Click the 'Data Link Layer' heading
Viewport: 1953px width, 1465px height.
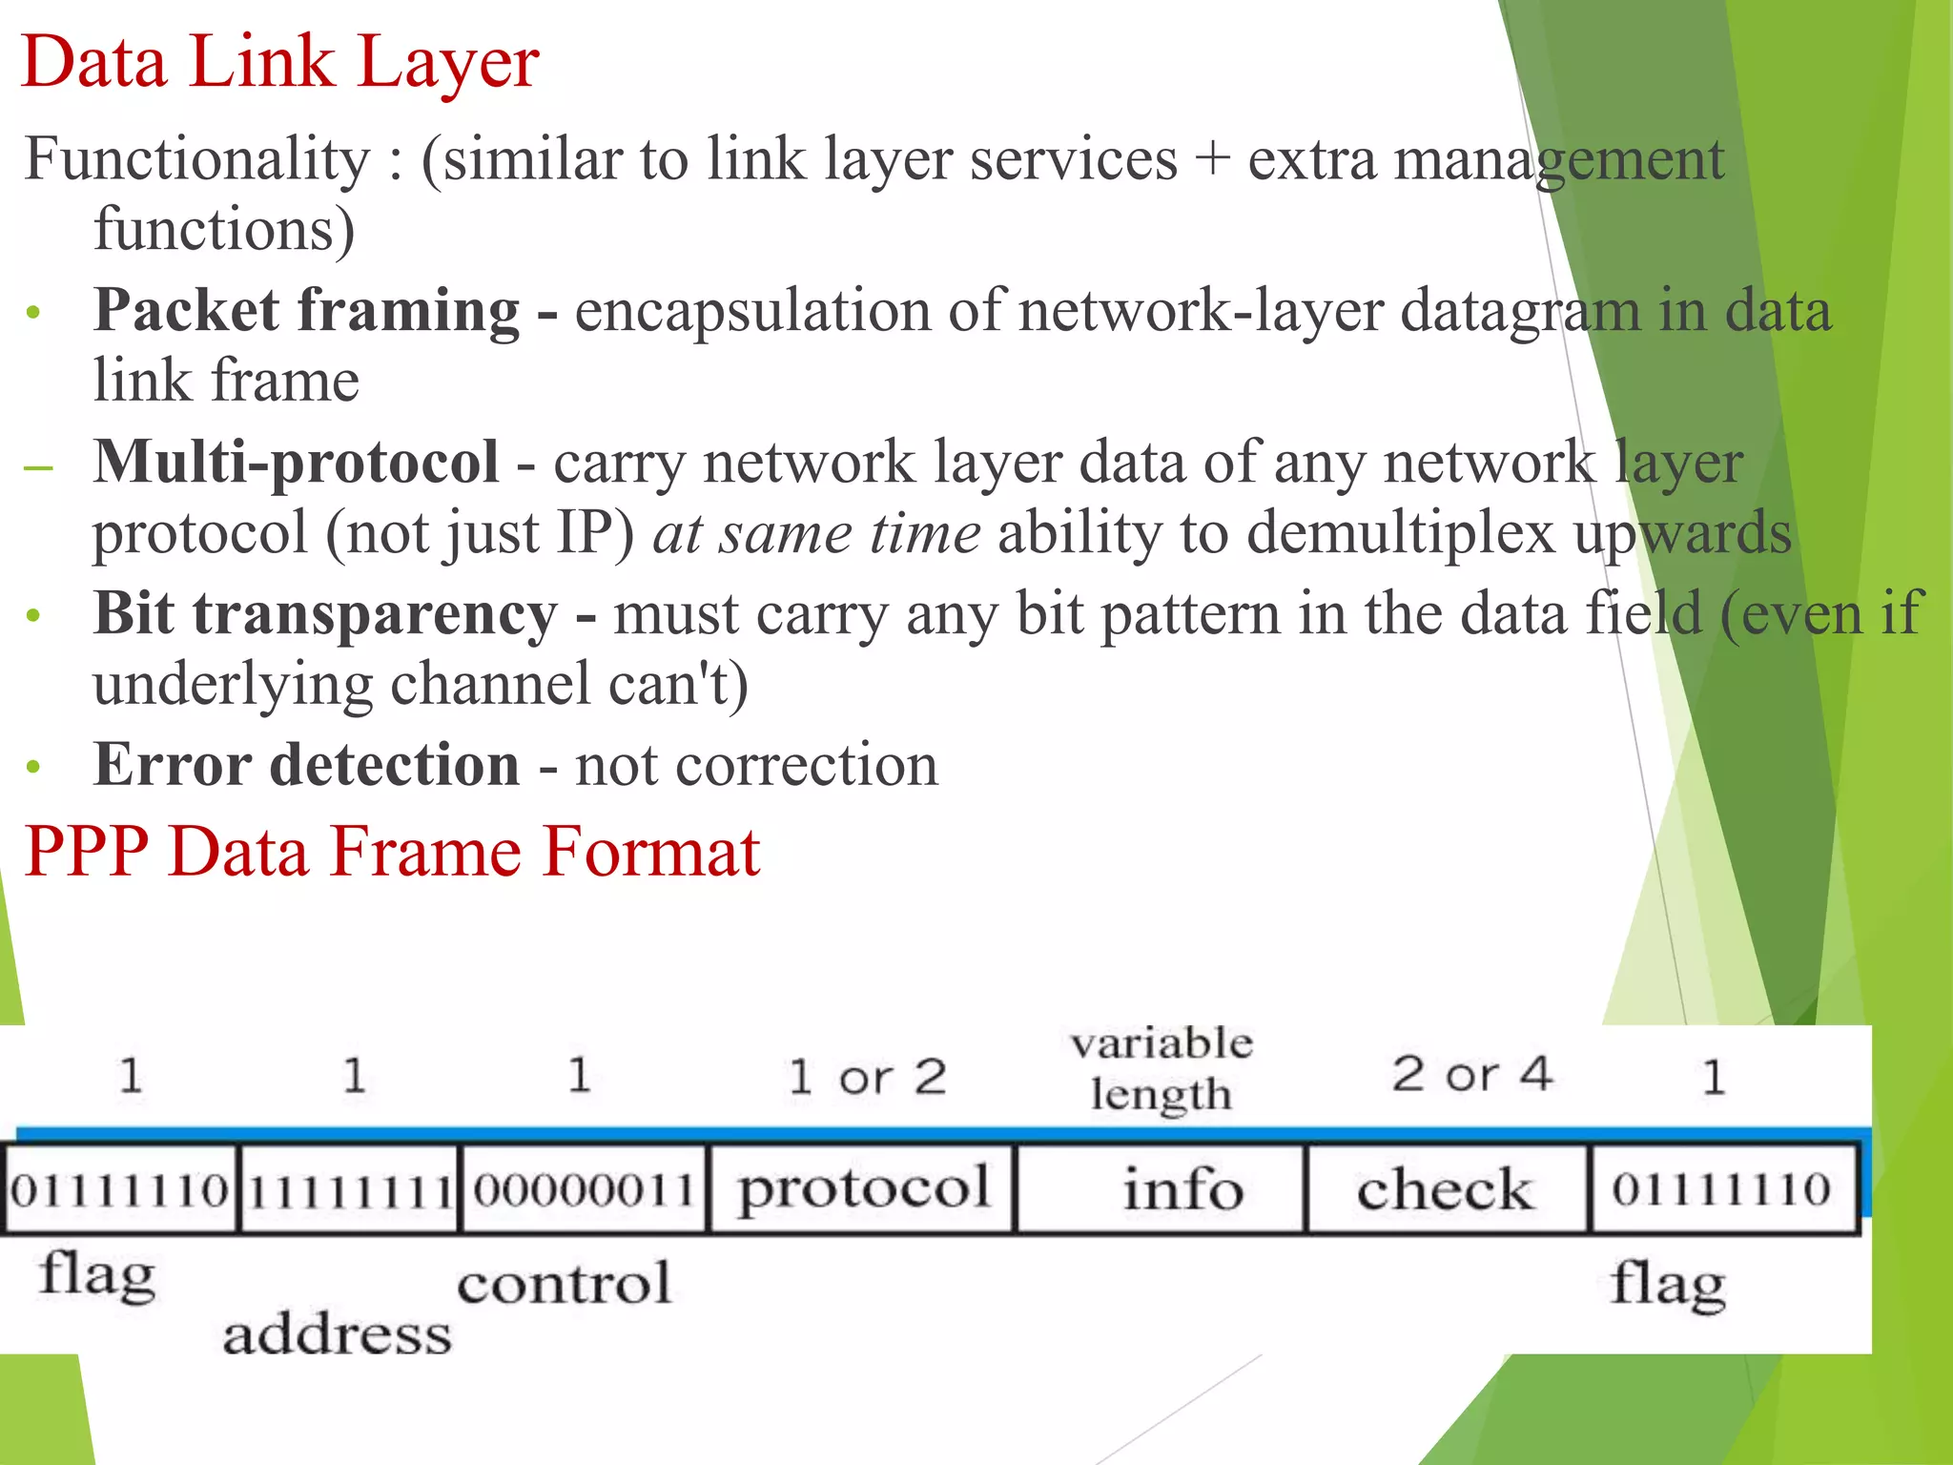280,63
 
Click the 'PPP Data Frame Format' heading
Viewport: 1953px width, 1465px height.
392,851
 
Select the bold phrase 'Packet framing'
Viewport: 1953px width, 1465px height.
306,311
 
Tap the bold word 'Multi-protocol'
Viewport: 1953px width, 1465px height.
296,463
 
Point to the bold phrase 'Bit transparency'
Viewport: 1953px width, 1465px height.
324,613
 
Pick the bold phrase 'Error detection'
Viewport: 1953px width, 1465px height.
306,765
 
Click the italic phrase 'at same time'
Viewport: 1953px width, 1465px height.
816,533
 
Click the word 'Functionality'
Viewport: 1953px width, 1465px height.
196,159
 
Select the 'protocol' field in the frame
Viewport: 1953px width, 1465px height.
863,1188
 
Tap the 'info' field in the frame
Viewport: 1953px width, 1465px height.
1182,1189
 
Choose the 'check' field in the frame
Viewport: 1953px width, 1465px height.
1445,1189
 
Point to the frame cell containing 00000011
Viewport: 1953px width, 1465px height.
584,1189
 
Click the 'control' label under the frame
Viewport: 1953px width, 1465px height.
564,1283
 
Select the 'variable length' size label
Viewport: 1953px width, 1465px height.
1162,1068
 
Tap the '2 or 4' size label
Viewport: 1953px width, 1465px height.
1471,1075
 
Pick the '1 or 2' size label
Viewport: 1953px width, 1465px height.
867,1078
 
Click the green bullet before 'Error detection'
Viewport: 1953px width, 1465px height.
34,767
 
